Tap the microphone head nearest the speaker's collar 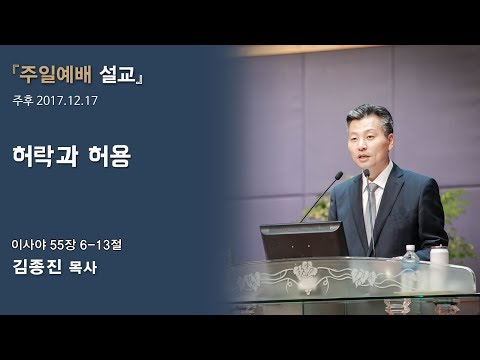pyautogui.click(x=365, y=172)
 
